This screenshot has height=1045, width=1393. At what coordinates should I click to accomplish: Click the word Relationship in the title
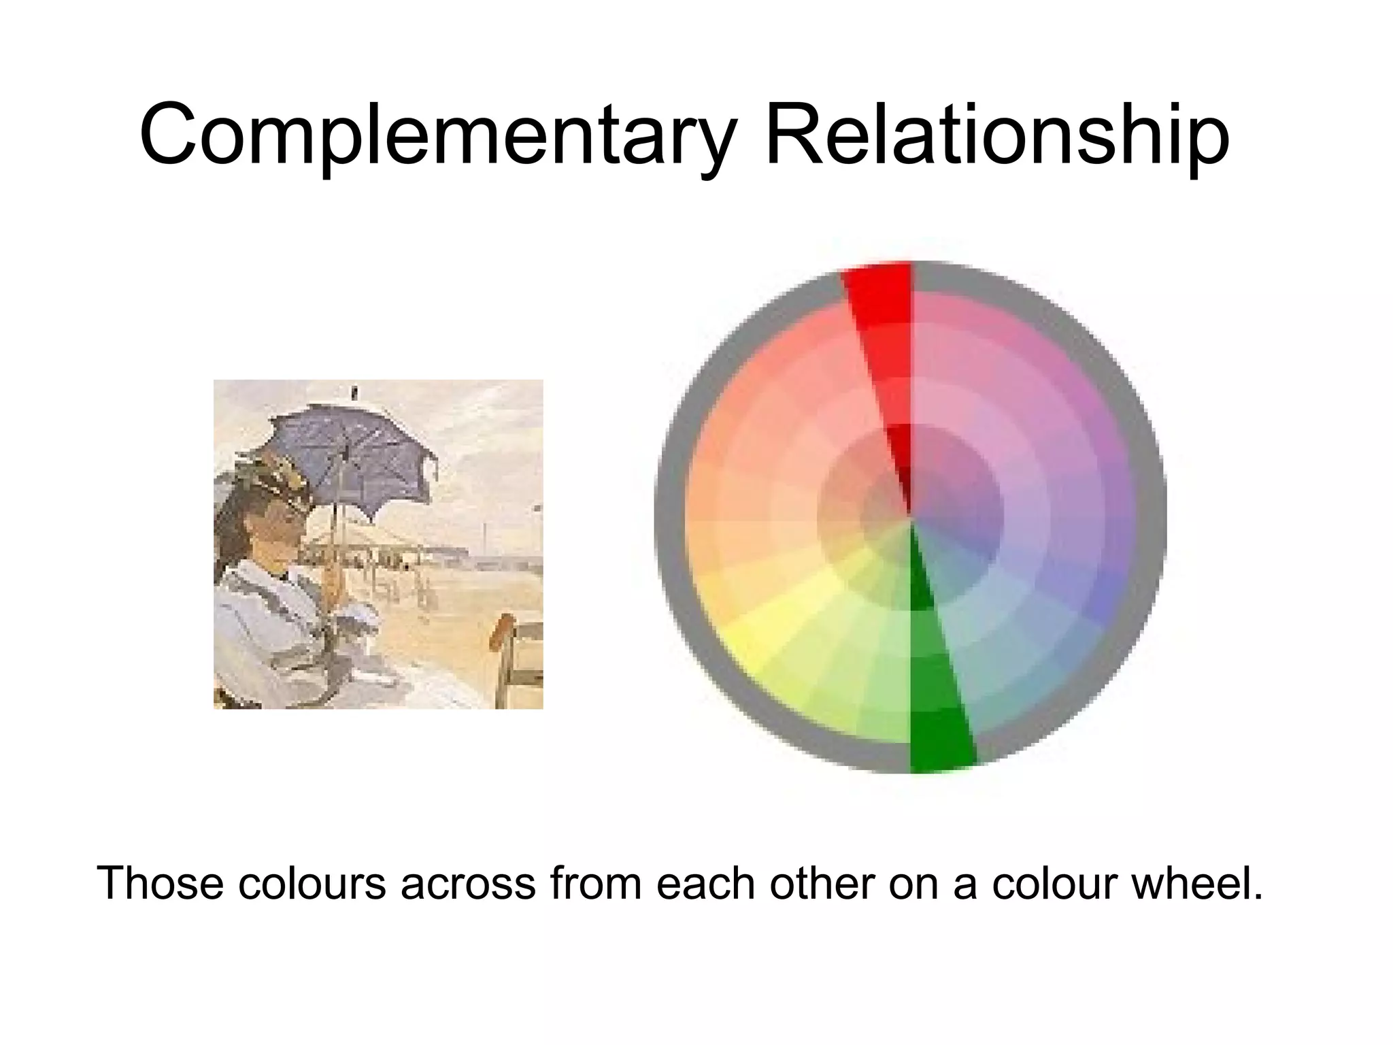tap(997, 136)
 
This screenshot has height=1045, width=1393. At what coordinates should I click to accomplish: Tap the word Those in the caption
tap(161, 883)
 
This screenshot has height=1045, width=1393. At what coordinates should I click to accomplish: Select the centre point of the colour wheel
tap(911, 517)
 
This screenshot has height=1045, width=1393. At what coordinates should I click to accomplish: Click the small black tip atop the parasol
tap(354, 393)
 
